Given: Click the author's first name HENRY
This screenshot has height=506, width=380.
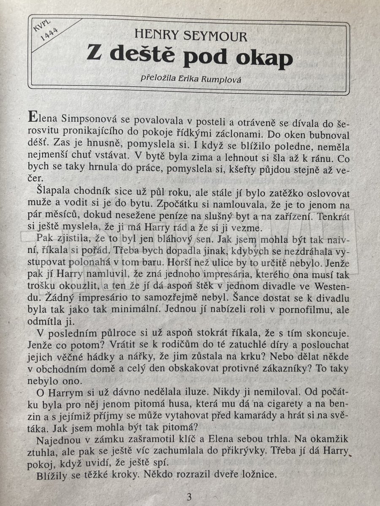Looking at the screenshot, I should pos(158,37).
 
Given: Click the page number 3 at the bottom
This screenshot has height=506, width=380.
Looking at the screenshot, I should pos(189,495).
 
